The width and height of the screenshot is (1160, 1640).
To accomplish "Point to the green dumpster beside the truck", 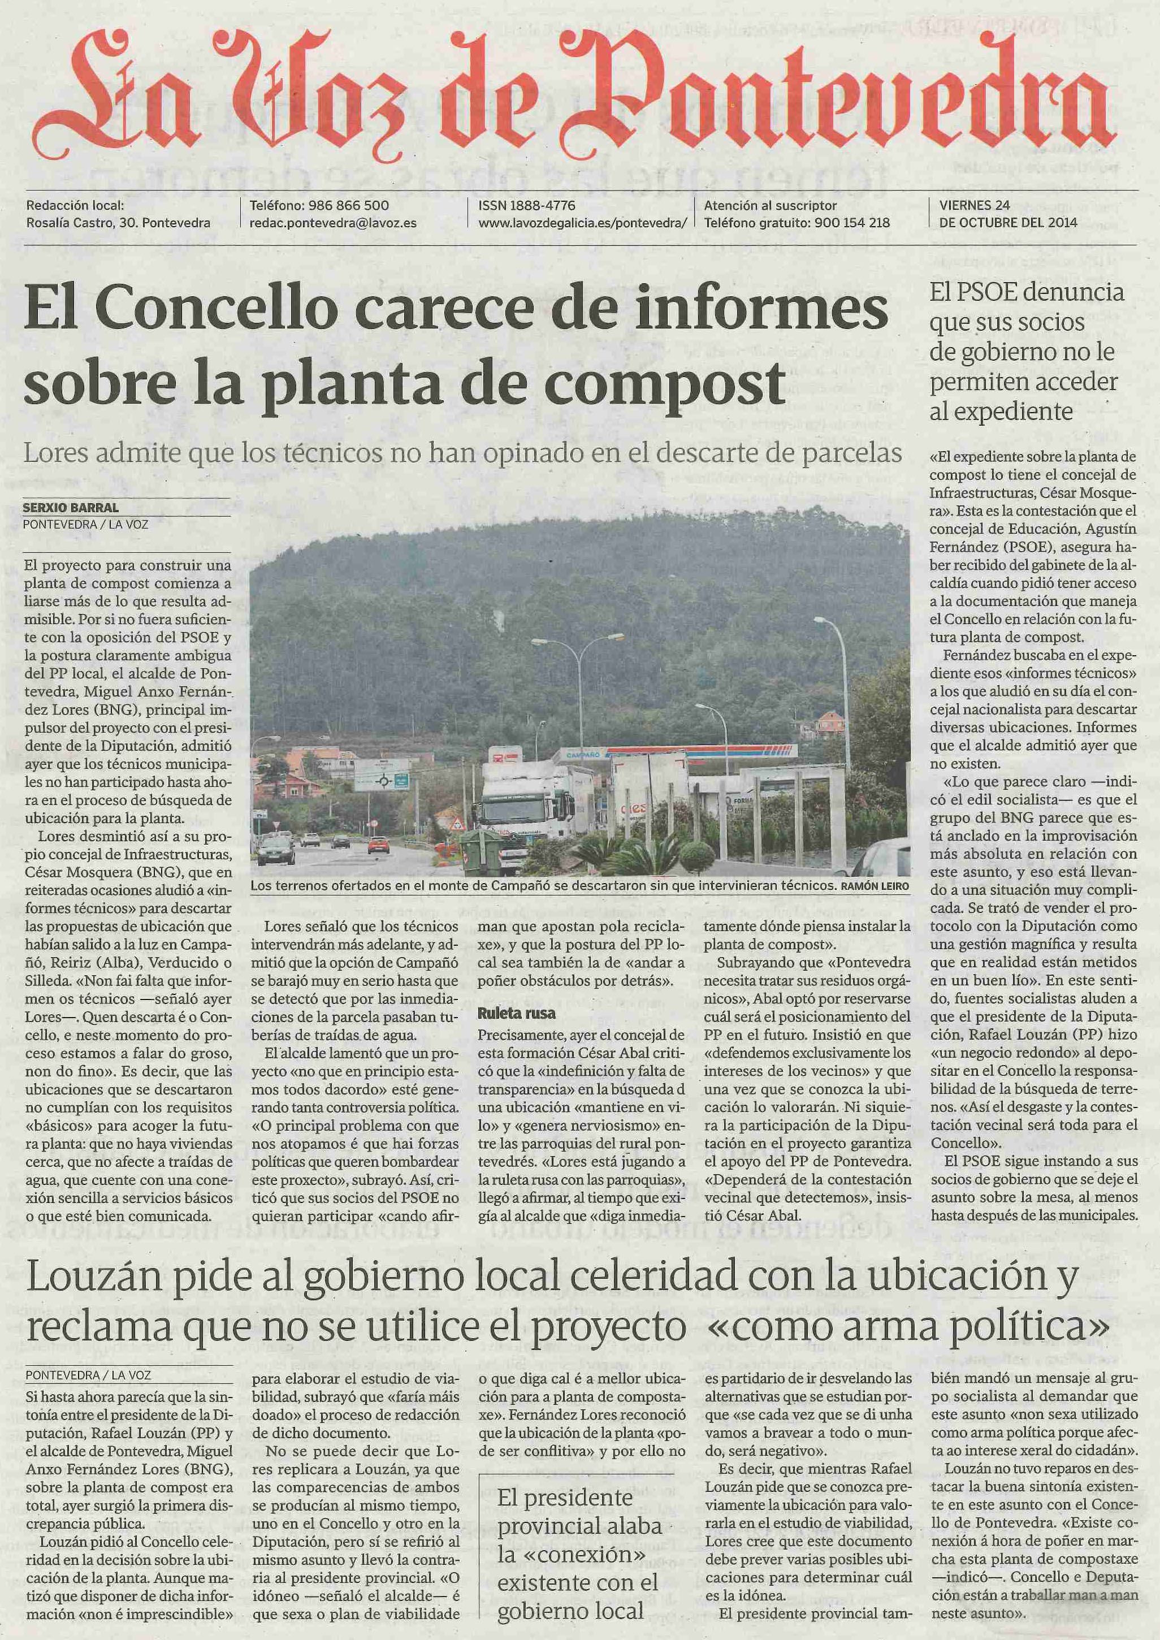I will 477,851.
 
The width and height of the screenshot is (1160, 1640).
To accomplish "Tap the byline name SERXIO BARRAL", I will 71,507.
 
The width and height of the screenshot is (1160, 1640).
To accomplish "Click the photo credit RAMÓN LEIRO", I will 875,886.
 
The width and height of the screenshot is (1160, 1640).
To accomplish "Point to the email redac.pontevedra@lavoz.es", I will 332,223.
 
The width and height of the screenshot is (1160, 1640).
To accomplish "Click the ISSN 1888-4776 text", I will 526,205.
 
